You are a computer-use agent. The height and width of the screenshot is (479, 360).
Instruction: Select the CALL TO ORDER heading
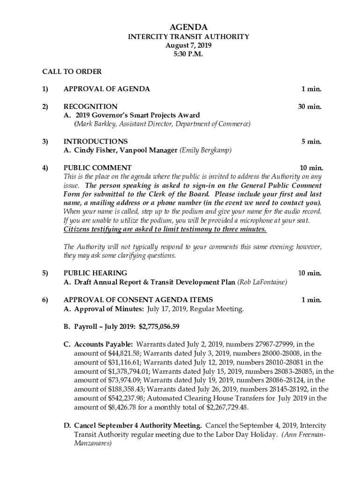[x=72, y=72]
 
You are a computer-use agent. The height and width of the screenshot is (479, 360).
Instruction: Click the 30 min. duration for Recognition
[x=310, y=106]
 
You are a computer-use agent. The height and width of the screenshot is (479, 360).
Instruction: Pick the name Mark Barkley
[x=97, y=124]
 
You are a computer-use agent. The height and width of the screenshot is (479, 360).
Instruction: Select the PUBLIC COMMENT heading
[x=97, y=167]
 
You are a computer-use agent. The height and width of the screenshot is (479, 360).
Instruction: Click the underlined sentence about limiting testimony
[x=165, y=229]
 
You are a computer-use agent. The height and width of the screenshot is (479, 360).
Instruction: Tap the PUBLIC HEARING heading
[x=95, y=273]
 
